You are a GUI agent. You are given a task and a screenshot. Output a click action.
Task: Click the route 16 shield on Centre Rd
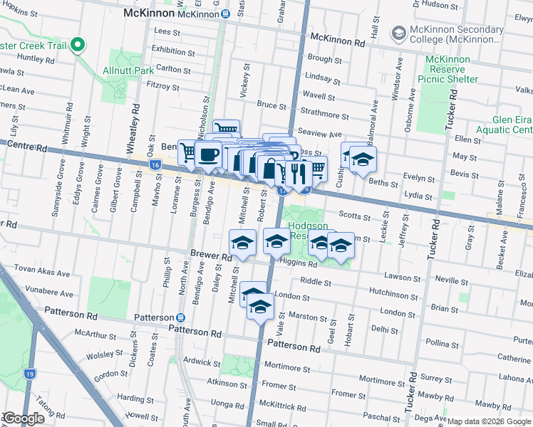tap(155, 164)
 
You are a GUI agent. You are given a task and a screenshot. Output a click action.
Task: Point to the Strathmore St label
tap(325, 115)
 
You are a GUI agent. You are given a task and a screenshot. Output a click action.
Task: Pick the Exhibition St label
tap(173, 52)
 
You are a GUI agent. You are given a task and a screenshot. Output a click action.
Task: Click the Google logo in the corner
tap(24, 418)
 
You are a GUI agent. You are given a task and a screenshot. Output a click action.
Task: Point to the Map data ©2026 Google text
tap(489, 421)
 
